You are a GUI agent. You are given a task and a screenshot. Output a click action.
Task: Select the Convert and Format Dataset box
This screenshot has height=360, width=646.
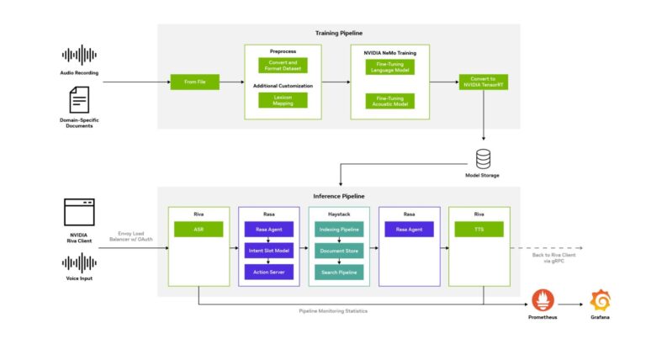coord(283,65)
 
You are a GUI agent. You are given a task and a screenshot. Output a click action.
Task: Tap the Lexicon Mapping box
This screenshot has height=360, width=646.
coord(283,99)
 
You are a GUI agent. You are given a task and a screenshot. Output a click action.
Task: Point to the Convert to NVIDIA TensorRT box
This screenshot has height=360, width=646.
coord(483,82)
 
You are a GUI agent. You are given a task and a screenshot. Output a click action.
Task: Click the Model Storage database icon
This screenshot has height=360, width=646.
coord(483,158)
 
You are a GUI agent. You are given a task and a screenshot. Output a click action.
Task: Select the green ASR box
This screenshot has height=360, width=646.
coord(199,229)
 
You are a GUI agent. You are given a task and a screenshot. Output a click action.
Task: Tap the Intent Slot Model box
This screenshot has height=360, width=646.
coord(268,250)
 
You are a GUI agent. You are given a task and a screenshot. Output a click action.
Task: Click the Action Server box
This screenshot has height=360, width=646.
coord(268,272)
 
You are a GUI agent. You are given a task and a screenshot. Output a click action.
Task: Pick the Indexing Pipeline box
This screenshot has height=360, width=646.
coord(338,229)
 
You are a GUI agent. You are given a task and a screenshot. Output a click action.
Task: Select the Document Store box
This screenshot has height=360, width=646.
coord(338,250)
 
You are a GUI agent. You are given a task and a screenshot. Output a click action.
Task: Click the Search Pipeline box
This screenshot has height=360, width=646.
coord(338,272)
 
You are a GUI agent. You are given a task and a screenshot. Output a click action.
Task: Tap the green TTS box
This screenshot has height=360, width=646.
coord(479,229)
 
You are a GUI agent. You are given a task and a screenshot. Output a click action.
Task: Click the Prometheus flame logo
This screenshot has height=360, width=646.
coord(542,299)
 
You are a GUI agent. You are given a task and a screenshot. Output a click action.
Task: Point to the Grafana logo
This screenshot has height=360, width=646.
coord(601,299)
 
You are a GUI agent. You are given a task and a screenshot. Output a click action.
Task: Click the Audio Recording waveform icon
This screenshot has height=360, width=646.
coord(80,56)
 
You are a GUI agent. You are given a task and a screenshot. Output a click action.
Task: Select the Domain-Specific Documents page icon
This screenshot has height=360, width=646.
coord(80,101)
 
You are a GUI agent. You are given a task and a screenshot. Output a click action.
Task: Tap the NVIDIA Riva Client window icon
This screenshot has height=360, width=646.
coord(80,212)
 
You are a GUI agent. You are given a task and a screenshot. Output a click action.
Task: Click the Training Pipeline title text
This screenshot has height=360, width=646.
coord(338,33)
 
